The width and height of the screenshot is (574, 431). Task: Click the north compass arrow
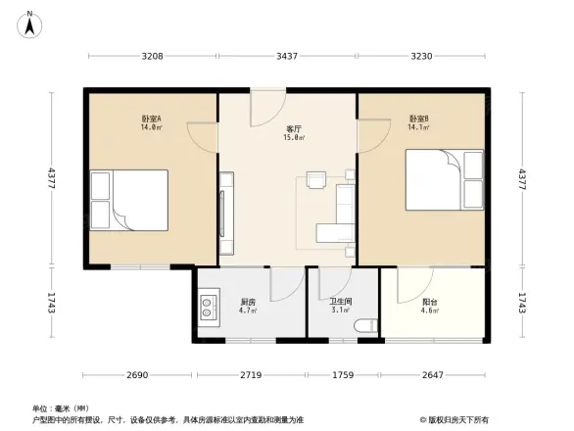(x=29, y=23)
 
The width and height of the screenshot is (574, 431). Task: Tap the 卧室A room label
(x=151, y=120)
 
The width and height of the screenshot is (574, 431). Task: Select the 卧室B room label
(x=419, y=120)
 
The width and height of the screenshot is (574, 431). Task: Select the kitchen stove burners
(x=210, y=310)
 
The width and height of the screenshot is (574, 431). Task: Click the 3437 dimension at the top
(x=287, y=57)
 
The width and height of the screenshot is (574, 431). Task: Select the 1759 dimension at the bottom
(x=341, y=375)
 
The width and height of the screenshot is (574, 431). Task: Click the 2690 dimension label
(x=137, y=375)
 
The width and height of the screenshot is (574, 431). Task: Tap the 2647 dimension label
(x=435, y=375)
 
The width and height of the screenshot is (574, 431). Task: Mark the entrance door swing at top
(x=267, y=108)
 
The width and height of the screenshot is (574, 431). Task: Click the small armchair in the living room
(x=315, y=179)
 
